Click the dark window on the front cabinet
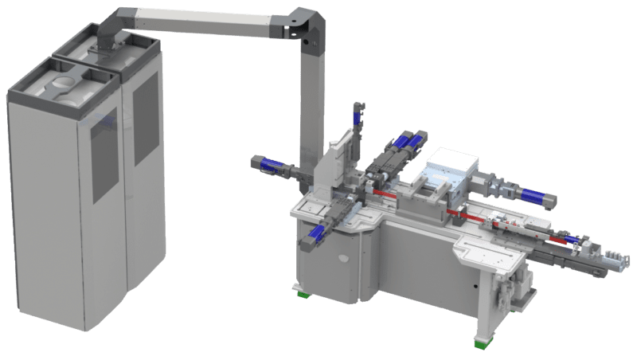click(x=104, y=155)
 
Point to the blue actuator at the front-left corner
click(x=316, y=233)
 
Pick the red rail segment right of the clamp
click(x=458, y=213)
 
